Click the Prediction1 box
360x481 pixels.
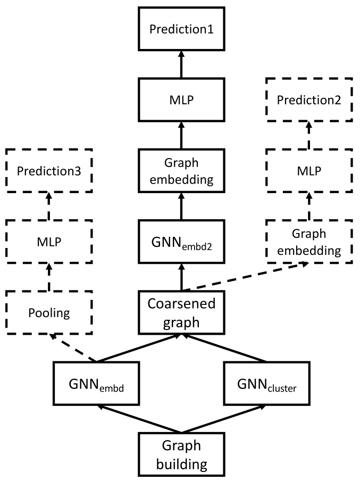[x=181, y=29]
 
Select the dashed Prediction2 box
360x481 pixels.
[x=309, y=99]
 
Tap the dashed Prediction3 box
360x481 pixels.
[x=49, y=171]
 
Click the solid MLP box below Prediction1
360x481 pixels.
[x=181, y=99]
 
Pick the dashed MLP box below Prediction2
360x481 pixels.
[x=309, y=171]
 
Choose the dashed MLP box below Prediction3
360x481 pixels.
[x=49, y=242]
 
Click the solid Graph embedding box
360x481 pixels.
[x=181, y=171]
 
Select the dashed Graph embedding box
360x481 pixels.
[x=309, y=242]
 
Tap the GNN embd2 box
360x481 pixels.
[x=181, y=242]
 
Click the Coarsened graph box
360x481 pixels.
[x=181, y=312]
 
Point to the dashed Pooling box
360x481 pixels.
[x=49, y=312]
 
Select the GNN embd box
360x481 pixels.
[x=96, y=384]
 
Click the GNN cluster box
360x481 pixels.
[x=267, y=384]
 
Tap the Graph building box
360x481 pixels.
[x=181, y=454]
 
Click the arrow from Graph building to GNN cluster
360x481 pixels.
[x=224, y=419]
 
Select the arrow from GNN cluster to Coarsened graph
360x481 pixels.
[x=224, y=348]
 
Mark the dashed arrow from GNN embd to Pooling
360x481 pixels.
[x=73, y=348]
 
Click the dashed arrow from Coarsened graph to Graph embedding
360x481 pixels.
[x=245, y=276]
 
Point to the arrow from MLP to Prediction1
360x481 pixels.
[x=181, y=64]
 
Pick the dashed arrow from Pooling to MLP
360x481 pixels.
[x=49, y=277]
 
